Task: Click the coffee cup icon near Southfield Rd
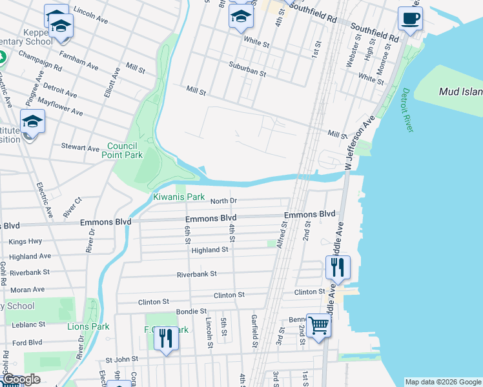[x=409, y=18]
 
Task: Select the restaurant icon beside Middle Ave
[x=338, y=267]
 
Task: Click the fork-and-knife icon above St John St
[x=166, y=339]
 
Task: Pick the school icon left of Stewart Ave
[x=32, y=122]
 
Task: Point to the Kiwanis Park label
[x=178, y=197]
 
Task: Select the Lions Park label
[x=88, y=326]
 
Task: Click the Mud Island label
[x=460, y=92]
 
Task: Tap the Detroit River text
[x=406, y=110]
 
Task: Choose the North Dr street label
[x=224, y=201]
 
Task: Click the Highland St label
[x=210, y=249]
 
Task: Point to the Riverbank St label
[x=197, y=274]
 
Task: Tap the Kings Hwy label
[x=26, y=241]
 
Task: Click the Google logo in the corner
[x=21, y=379]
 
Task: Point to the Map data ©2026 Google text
[x=443, y=382]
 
